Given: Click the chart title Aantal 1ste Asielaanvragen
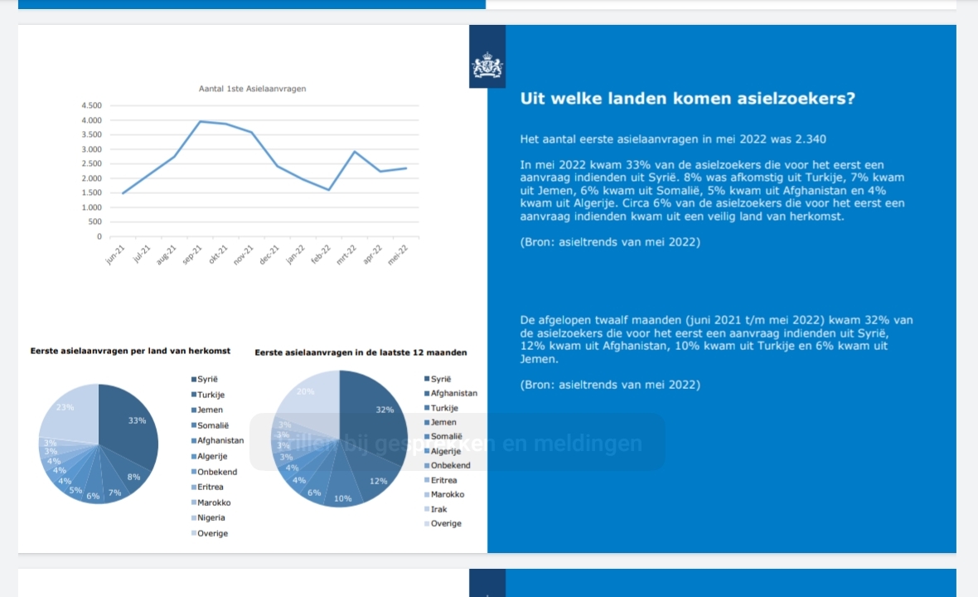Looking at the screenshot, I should tap(252, 89).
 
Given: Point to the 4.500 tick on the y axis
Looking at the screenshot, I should tap(91, 106).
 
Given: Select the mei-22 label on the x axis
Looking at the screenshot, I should tap(399, 253).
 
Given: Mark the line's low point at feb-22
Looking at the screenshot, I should tap(329, 190).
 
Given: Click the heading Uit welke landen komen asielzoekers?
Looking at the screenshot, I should tap(687, 99).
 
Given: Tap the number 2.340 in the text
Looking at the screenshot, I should tap(809, 139).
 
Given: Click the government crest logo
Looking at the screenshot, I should tap(487, 66).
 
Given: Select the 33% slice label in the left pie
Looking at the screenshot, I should tap(137, 420).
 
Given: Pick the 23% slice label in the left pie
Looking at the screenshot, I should tap(65, 407).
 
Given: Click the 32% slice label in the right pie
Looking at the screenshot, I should tap(385, 410).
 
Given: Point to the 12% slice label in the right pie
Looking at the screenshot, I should tap(378, 481).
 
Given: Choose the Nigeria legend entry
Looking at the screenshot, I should tap(211, 518).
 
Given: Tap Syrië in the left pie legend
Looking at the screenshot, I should tap(208, 380).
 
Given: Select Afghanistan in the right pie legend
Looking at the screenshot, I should tap(453, 393).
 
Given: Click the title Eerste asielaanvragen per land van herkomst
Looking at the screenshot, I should tap(130, 352).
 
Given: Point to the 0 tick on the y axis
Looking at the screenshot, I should tap(99, 236).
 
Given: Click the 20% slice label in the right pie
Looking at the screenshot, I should tap(305, 391).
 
